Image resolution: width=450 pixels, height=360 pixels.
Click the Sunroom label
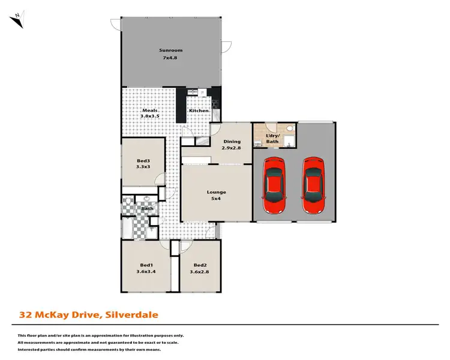(170, 50)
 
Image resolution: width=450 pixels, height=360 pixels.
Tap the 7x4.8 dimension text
(170, 58)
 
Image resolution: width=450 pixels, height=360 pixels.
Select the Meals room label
(149, 111)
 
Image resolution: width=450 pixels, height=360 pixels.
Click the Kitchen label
(199, 111)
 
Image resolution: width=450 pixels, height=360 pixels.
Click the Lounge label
(217, 192)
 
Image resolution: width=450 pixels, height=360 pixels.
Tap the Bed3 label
(143, 161)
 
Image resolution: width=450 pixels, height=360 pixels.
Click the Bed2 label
(200, 265)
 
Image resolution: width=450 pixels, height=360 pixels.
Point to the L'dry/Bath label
(272, 139)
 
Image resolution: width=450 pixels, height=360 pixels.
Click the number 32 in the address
(26, 314)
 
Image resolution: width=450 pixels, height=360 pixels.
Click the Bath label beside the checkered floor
(147, 209)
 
